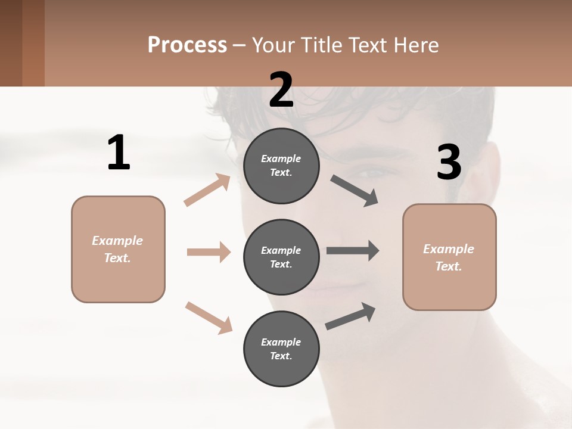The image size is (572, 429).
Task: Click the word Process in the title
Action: point(187,45)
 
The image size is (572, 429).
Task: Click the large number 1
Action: point(119,153)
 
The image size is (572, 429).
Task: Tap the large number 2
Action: point(281,90)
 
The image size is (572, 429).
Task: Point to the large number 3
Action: point(449,163)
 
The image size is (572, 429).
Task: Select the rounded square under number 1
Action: point(118,249)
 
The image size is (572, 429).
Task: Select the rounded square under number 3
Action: point(449,257)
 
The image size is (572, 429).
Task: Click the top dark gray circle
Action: point(281,166)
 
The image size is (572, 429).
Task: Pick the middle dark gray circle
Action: point(281,257)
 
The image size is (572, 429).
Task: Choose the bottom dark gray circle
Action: point(281,349)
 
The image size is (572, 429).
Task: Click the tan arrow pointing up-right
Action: point(207,189)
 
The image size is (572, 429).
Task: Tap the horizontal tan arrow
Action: point(209,252)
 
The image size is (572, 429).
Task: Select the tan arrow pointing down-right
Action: point(209,317)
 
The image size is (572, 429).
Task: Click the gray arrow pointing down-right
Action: point(354,191)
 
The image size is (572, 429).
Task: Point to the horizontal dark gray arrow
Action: point(352,250)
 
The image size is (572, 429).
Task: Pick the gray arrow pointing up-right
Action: point(350,316)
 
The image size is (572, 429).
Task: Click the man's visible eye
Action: point(371,173)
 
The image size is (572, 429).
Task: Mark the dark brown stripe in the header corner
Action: point(11,43)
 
